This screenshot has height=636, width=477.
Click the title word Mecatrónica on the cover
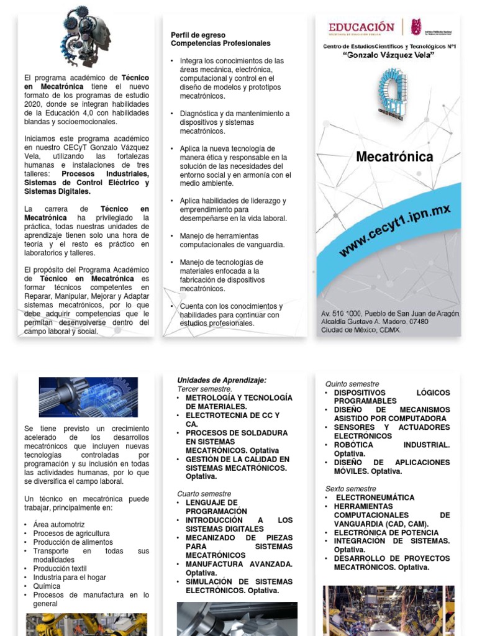[394, 157]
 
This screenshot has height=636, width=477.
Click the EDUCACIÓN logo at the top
[361, 27]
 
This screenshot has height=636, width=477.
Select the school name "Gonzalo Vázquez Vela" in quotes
[389, 56]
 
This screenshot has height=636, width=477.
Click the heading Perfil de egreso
[198, 35]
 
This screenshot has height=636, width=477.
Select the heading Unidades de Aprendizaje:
[222, 380]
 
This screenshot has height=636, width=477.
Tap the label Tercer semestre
[204, 389]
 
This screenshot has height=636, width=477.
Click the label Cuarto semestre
[203, 494]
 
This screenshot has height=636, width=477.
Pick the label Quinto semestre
[352, 384]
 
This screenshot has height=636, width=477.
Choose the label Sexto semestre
[351, 489]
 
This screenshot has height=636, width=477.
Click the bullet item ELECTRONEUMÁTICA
[375, 497]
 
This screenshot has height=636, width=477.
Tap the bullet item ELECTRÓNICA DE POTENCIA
[386, 532]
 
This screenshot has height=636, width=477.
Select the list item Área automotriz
[59, 525]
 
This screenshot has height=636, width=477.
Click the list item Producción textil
[60, 568]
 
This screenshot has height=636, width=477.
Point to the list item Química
[47, 586]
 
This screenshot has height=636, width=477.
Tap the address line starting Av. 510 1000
[391, 314]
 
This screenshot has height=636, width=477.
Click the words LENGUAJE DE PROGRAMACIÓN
[211, 506]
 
